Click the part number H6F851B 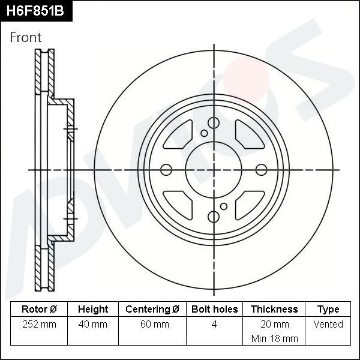pyautogui.click(x=35, y=11)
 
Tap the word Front pyautogui.click(x=26, y=37)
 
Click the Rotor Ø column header pyautogui.click(x=39, y=309)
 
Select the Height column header pyautogui.click(x=93, y=309)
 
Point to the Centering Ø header pyautogui.click(x=152, y=309)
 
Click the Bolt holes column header pyautogui.click(x=214, y=309)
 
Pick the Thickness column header pyautogui.click(x=274, y=309)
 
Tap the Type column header pyautogui.click(x=328, y=309)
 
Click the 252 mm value pyautogui.click(x=39, y=324)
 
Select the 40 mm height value pyautogui.click(x=93, y=324)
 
